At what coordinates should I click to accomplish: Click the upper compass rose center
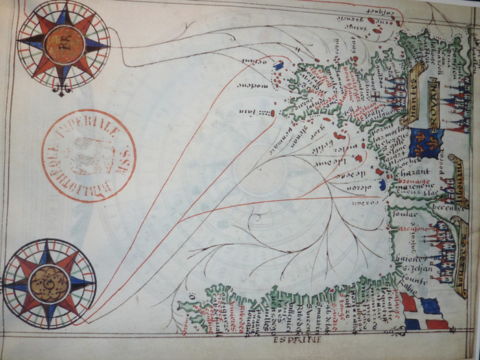[x=64, y=43]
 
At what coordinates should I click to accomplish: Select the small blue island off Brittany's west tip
[x=278, y=66]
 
